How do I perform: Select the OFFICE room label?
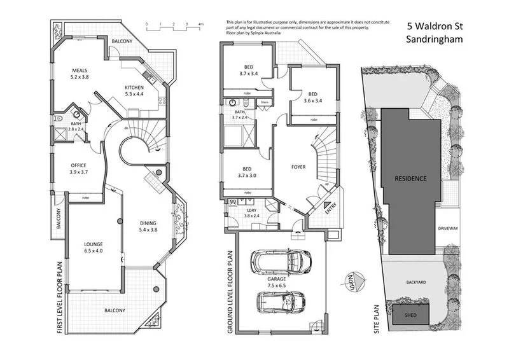[x=81, y=168]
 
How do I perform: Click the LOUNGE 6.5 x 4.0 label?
[x=94, y=247]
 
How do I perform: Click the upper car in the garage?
[x=281, y=260]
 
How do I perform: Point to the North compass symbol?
[x=355, y=279]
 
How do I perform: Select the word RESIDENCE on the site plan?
[x=410, y=178]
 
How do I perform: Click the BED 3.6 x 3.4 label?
[x=309, y=95]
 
